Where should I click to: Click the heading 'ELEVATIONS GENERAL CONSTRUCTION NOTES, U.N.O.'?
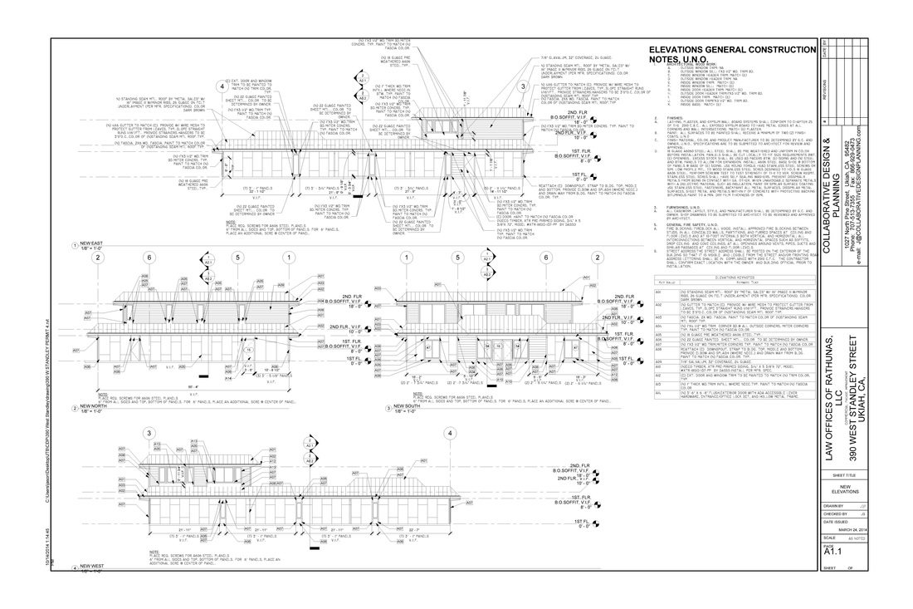click(730, 54)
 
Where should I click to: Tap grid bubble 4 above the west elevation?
click(449, 433)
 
